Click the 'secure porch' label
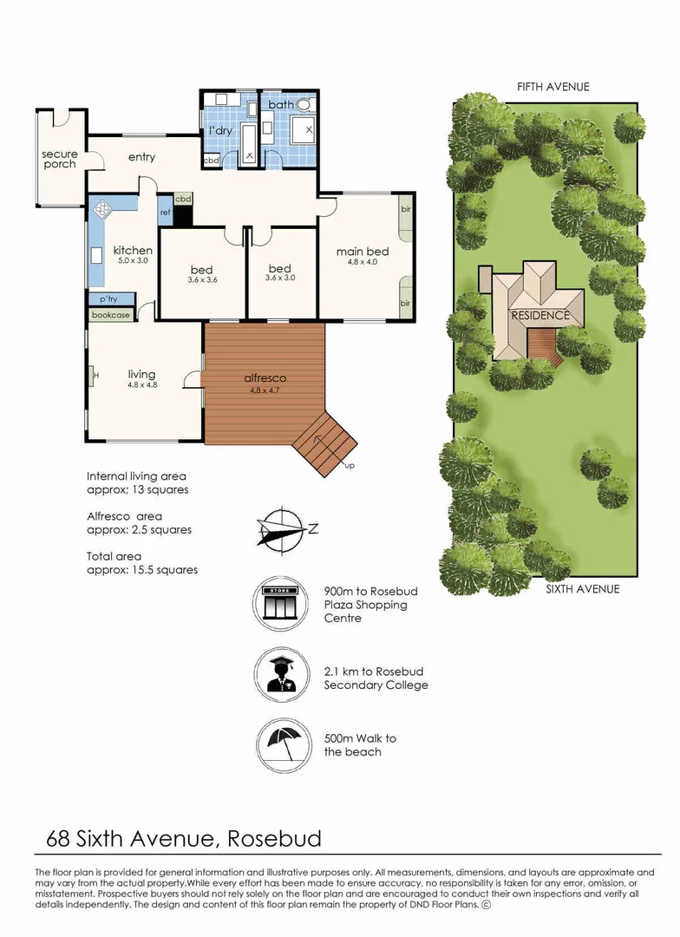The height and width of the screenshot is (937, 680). tap(60, 160)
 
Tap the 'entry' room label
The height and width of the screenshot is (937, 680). tap(141, 157)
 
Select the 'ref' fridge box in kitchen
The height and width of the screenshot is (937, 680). tap(165, 212)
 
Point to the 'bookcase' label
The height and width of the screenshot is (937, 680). tap(111, 315)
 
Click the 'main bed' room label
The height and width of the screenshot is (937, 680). tap(363, 252)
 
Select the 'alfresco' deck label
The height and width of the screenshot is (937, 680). tap(264, 378)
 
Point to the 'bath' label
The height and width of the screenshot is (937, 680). tap(281, 105)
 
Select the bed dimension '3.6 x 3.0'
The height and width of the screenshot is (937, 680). tap(280, 279)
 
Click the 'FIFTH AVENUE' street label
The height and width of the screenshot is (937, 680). tap(552, 87)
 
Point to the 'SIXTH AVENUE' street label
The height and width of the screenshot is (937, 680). tap(582, 589)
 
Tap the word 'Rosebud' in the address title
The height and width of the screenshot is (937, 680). tap(276, 838)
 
